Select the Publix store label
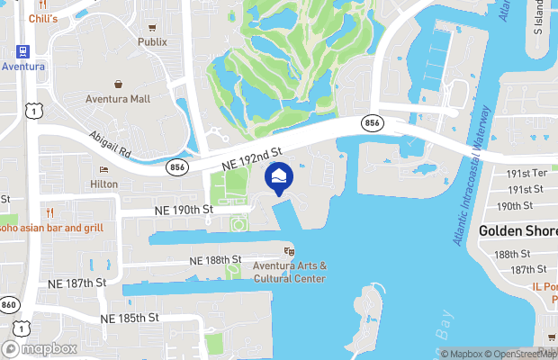tap(152, 41)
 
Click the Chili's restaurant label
tap(42, 18)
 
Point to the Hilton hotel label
tap(103, 184)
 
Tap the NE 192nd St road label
tap(252, 158)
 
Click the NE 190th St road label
tap(182, 210)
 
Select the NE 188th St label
tap(215, 259)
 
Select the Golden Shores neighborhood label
tap(518, 230)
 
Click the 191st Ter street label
tap(527, 173)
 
